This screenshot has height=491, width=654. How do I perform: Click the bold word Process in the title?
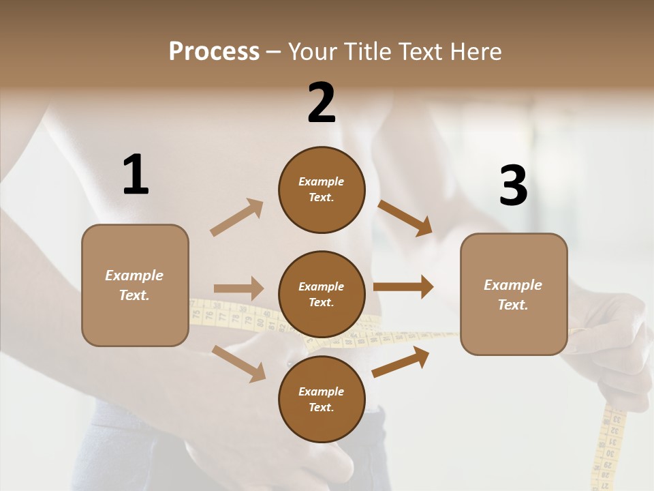click(x=214, y=52)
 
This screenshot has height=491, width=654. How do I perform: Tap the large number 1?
click(x=136, y=175)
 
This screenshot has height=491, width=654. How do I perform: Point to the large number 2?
click(x=322, y=103)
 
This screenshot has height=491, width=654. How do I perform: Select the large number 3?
click(x=513, y=186)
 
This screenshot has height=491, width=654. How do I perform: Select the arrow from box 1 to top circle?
click(x=237, y=218)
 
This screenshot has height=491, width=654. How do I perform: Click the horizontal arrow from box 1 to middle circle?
click(x=238, y=288)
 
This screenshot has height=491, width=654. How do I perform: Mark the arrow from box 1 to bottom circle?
click(x=238, y=363)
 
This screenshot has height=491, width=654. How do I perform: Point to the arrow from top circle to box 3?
click(x=405, y=218)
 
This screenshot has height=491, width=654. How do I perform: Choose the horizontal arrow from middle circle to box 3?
click(x=403, y=287)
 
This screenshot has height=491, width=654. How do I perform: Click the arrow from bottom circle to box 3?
click(x=401, y=362)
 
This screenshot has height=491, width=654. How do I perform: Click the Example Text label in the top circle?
click(x=322, y=190)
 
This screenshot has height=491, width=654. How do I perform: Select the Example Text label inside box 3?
click(x=513, y=295)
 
